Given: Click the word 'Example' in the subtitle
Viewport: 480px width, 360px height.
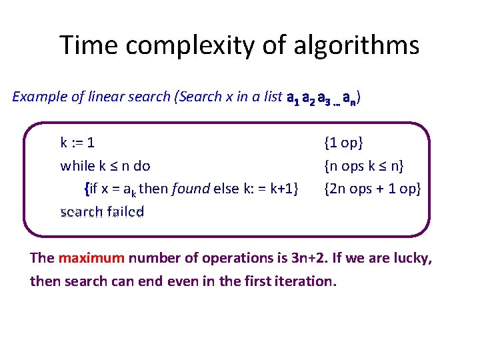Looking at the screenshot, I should click(39, 97).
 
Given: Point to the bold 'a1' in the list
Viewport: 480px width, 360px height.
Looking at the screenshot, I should click(291, 98).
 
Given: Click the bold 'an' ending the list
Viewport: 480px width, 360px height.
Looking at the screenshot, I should click(353, 98).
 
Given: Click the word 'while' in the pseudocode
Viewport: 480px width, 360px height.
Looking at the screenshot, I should click(76, 165).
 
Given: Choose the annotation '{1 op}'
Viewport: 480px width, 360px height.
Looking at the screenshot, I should click(343, 142).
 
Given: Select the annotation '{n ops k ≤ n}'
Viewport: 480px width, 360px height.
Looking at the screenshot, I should click(364, 165).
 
